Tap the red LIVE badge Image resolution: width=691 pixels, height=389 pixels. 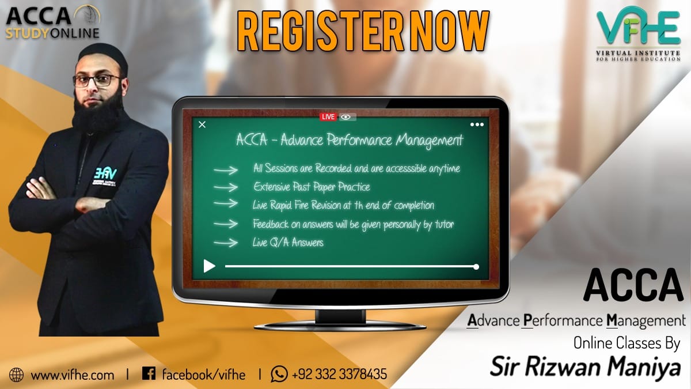pyautogui.click(x=328, y=117)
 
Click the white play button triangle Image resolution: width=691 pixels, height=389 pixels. pyautogui.click(x=209, y=266)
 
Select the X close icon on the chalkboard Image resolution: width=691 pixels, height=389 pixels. pyautogui.click(x=202, y=124)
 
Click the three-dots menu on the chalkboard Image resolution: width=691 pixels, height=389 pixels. pyautogui.click(x=477, y=124)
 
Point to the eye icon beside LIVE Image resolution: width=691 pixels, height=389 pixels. pyautogui.click(x=346, y=117)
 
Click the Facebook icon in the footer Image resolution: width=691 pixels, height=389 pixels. pyautogui.click(x=149, y=374)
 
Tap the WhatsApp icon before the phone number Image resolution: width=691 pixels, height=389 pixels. pyautogui.click(x=279, y=374)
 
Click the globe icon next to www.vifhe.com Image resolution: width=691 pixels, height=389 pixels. pyautogui.click(x=17, y=375)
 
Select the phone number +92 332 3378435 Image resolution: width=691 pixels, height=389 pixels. pyautogui.click(x=339, y=375)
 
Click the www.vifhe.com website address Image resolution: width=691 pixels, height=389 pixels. pyautogui.click(x=73, y=375)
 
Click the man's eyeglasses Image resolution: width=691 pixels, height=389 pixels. pyautogui.click(x=97, y=80)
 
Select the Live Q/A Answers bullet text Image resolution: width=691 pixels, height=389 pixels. pyautogui.click(x=288, y=243)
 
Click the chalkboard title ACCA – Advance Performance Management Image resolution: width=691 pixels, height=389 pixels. pyautogui.click(x=350, y=140)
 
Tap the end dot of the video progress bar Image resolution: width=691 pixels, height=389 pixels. pyautogui.click(x=476, y=266)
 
